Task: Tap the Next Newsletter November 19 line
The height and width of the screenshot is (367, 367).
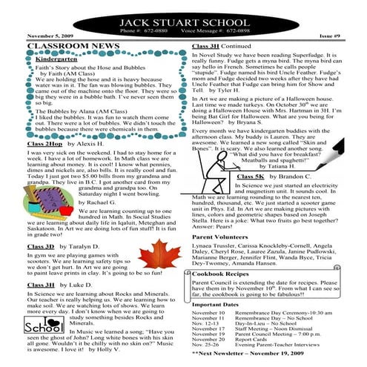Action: pyautogui.click(x=254, y=354)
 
